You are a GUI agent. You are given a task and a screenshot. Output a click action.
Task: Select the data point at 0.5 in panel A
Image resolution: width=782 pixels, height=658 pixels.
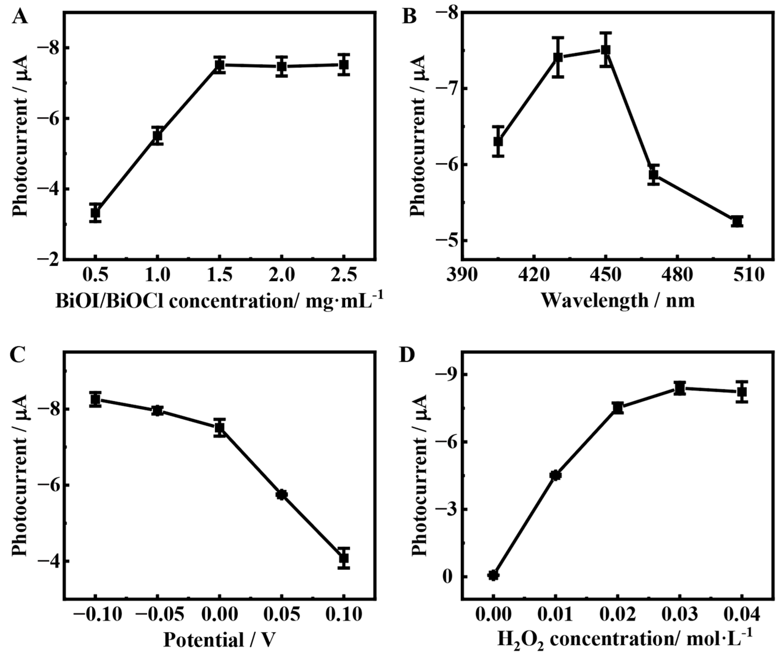point(96,213)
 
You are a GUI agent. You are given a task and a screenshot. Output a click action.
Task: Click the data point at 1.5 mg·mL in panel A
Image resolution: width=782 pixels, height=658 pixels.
point(220,65)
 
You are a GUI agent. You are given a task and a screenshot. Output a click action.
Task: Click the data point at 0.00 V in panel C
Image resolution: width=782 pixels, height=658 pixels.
point(220,428)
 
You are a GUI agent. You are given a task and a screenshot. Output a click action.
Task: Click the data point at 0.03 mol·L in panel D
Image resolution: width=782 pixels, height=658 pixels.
point(680,388)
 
